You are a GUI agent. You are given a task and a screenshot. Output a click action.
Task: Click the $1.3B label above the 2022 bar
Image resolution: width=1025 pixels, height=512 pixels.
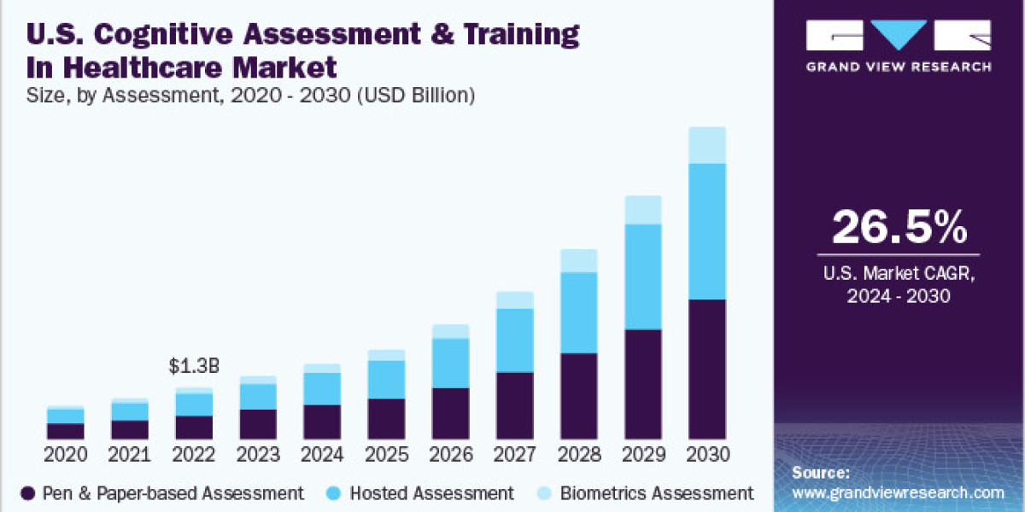tap(194, 367)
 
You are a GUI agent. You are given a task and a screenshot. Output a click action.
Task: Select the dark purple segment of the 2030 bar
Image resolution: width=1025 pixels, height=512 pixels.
tap(706, 369)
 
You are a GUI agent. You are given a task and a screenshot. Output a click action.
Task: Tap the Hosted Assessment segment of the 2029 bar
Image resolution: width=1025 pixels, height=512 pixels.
tap(642, 276)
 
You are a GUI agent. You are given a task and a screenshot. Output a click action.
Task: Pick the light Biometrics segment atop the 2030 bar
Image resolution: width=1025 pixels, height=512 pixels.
tap(706, 145)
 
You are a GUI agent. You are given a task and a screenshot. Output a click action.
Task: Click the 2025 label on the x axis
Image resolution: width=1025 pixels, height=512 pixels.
tap(386, 453)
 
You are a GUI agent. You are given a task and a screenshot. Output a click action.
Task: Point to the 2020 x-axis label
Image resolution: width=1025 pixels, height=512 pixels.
tap(65, 453)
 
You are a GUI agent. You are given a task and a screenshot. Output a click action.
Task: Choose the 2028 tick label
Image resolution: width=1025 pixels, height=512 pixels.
tap(578, 453)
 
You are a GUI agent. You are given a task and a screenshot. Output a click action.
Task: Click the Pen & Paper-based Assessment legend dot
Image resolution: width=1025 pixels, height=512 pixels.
tap(28, 493)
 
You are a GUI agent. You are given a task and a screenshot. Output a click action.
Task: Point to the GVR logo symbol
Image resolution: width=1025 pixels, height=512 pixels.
tap(899, 37)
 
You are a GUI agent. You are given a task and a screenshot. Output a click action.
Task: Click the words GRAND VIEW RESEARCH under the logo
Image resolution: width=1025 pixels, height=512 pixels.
tap(899, 67)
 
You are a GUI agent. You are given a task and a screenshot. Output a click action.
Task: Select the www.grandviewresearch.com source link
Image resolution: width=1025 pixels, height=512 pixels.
tap(899, 492)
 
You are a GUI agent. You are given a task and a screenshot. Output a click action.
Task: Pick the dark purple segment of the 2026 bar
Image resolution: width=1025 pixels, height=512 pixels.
tap(450, 413)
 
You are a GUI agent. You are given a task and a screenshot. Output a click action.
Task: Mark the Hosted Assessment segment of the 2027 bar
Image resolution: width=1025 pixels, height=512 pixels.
tap(514, 340)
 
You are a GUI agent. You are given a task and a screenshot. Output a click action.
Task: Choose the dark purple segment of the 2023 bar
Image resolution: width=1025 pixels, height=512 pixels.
tap(258, 423)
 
